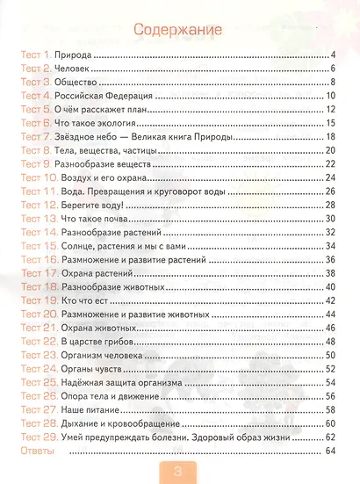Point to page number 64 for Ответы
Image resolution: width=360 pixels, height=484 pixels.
[331, 451]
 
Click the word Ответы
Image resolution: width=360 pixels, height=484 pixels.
[36, 451]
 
